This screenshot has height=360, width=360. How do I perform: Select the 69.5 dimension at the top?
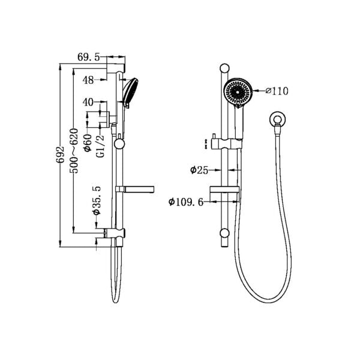89,58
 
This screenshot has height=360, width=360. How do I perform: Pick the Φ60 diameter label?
88,142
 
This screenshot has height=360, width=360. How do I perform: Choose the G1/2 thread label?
100,146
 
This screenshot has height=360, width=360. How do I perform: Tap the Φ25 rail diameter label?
199,170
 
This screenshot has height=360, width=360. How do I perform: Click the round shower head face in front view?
238,92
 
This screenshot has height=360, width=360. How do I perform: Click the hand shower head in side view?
130,91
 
